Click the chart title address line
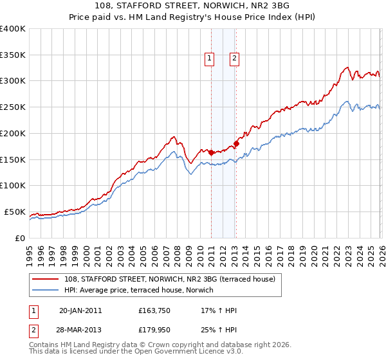pyautogui.click(x=193, y=6)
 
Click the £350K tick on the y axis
pyautogui.click(x=13, y=55)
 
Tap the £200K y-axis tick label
pyautogui.click(x=13, y=133)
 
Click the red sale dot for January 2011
pyautogui.click(x=211, y=152)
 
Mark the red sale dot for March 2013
pyautogui.click(x=236, y=144)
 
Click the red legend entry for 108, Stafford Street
pyautogui.click(x=170, y=279)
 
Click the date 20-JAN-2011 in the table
pyautogui.click(x=80, y=310)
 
